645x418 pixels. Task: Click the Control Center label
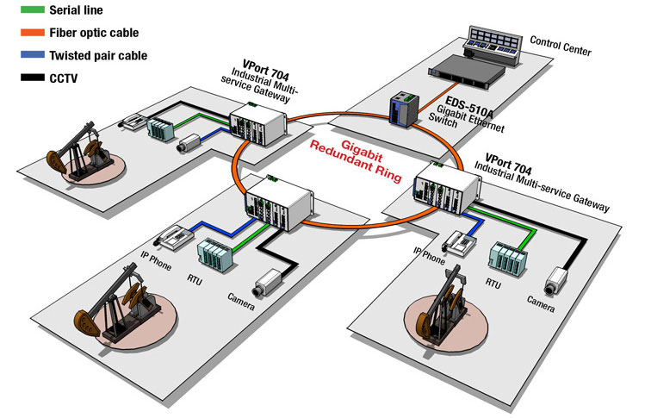561,46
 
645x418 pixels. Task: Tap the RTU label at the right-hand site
493,283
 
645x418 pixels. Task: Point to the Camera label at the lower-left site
241,298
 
